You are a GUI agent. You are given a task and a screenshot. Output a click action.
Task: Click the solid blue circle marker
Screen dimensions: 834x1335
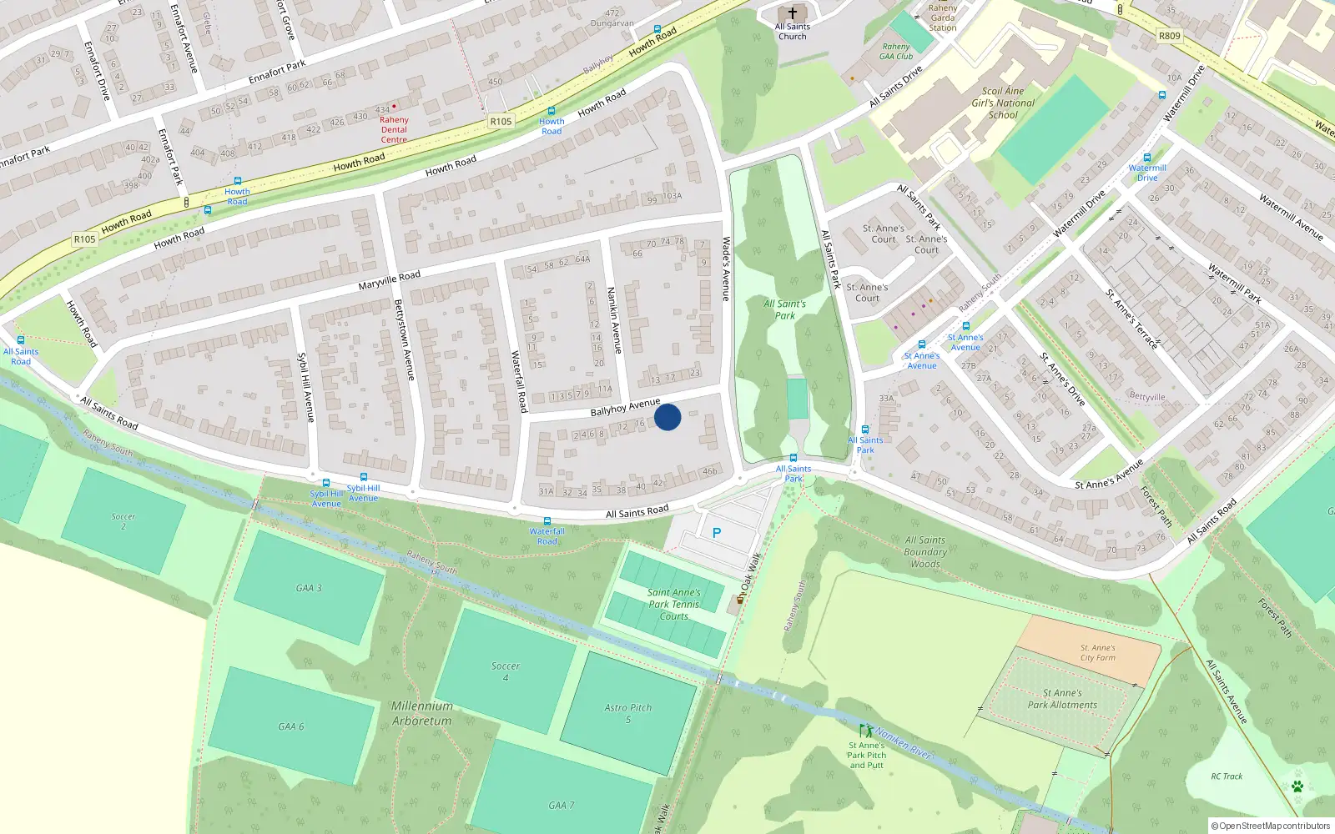[x=667, y=417]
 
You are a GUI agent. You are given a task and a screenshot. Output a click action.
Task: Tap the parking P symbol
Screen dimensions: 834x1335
[x=716, y=532]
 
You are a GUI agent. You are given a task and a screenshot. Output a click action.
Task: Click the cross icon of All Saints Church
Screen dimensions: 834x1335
[x=793, y=13]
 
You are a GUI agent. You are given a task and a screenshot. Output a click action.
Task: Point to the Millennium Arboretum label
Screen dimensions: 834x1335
[x=422, y=713]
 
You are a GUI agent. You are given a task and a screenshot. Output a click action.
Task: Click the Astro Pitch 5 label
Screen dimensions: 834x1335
[x=628, y=713]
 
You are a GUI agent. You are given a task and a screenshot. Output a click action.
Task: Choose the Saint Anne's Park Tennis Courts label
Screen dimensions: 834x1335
[x=674, y=604]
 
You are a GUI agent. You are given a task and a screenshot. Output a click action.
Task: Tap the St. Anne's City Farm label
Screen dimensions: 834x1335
[x=1097, y=652]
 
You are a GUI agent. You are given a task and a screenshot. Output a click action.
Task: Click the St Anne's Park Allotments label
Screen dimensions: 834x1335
[x=1062, y=699]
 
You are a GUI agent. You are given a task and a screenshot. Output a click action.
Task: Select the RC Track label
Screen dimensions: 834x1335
[x=1227, y=776]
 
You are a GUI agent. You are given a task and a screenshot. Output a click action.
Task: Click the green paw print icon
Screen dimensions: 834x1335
[x=1297, y=786]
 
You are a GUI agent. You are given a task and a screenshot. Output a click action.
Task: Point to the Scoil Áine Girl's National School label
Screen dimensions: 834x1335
[x=1003, y=103]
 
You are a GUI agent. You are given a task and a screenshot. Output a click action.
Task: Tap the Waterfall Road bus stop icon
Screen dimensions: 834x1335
[x=547, y=521]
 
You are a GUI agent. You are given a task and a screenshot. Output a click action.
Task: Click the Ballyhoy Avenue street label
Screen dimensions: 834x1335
[x=625, y=407]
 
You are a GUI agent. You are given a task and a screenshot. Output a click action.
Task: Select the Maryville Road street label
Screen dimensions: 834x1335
[x=390, y=280]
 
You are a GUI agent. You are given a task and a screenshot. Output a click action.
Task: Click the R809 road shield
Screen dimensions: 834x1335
[x=1170, y=36]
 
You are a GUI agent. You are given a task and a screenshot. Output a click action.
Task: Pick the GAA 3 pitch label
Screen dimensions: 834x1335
[x=309, y=588]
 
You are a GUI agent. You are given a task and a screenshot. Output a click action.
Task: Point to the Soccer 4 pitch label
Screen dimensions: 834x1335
[x=505, y=671]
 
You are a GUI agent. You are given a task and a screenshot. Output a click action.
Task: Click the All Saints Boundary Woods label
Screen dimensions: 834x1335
[x=925, y=552]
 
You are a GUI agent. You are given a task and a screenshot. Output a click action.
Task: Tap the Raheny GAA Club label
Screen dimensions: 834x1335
[x=896, y=52]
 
